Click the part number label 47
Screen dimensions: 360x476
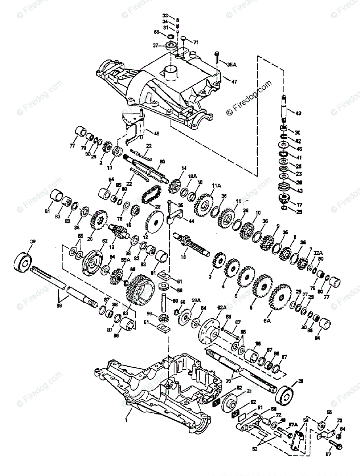(234, 81)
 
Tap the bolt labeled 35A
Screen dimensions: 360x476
(216, 58)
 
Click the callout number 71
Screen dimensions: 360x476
(196, 42)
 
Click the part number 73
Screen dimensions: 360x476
(339, 420)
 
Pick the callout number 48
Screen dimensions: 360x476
(157, 134)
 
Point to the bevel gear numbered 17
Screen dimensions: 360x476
(285, 197)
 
